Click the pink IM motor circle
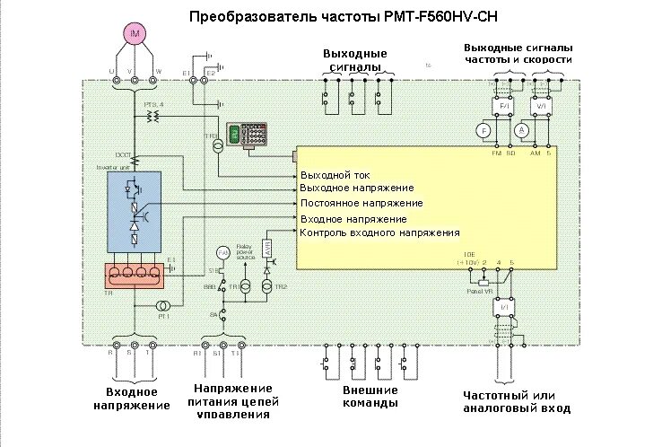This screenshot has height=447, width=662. (135, 34)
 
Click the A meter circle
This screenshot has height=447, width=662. (521, 131)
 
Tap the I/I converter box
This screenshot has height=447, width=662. (503, 307)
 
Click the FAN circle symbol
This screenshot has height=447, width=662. (223, 253)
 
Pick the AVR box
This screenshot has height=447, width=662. (266, 248)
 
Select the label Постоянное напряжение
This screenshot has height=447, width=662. (361, 204)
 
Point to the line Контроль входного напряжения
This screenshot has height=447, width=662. (379, 233)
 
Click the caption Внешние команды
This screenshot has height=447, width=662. (370, 397)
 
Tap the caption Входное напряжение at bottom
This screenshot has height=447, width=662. (131, 399)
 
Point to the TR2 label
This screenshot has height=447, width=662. (282, 286)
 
